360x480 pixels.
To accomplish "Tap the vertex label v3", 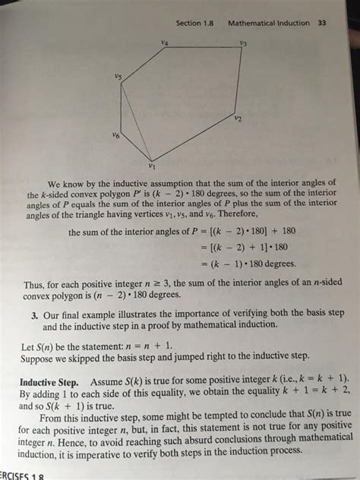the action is click(x=242, y=43).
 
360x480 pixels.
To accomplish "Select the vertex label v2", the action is click(x=238, y=118).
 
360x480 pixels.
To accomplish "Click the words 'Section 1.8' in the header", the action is click(x=196, y=23).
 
